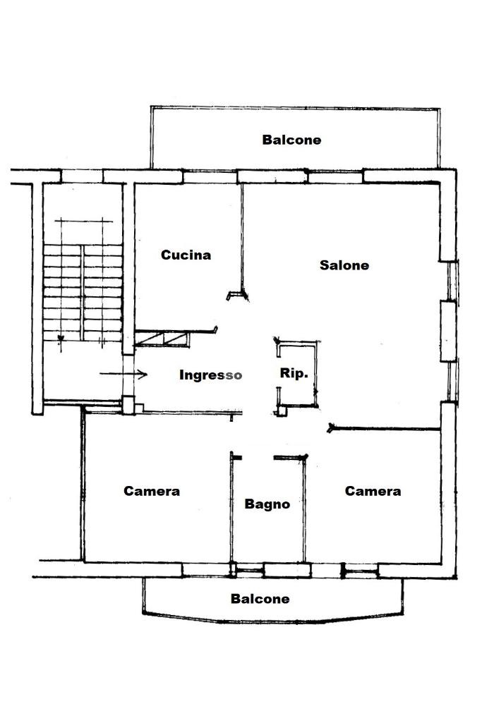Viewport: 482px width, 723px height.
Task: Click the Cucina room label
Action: [186, 255]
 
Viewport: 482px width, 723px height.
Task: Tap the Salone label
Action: [344, 265]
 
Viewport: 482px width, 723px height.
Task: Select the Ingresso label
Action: [210, 375]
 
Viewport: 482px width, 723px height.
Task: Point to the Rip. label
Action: [294, 374]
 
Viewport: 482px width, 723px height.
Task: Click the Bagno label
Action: [267, 504]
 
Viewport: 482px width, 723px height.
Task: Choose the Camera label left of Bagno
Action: [152, 491]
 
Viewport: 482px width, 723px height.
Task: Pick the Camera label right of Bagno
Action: [373, 491]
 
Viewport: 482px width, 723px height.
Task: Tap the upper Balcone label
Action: [291, 140]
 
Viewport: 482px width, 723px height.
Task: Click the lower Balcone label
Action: [260, 599]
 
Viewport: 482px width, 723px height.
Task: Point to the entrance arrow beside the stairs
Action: [123, 375]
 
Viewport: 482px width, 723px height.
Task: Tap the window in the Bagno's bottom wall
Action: [249, 570]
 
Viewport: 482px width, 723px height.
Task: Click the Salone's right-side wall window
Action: [448, 320]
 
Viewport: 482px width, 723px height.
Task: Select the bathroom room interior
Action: [267, 529]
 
